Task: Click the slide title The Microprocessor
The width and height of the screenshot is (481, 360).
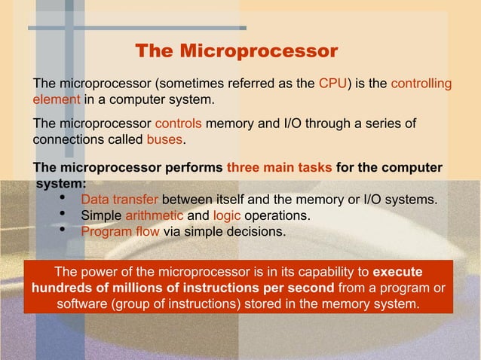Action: (x=236, y=51)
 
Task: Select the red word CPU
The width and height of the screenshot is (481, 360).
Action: (x=332, y=83)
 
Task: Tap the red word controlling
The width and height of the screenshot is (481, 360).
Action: (x=421, y=83)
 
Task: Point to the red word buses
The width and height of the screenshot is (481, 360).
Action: (x=164, y=140)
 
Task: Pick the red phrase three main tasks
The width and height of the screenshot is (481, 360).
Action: (x=279, y=167)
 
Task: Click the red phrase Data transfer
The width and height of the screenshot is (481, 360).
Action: (x=119, y=200)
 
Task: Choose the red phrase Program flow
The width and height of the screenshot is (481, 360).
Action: (x=120, y=231)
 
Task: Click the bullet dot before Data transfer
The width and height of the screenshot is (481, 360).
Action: (x=63, y=199)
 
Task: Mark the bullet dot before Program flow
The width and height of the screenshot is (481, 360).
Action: (x=63, y=230)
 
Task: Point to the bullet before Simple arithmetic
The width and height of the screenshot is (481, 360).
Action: (x=63, y=215)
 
